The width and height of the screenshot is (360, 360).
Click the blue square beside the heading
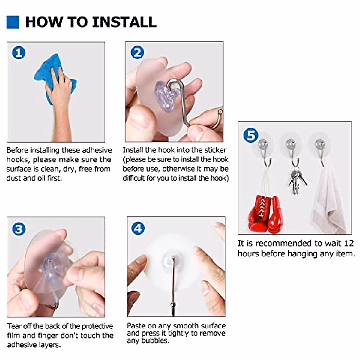pyautogui.click(x=13, y=22)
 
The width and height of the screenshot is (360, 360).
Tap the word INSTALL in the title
pyautogui.click(x=124, y=22)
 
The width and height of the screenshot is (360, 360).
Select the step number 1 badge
pyautogui.click(x=19, y=53)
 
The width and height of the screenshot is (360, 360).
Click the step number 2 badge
pyautogui.click(x=137, y=53)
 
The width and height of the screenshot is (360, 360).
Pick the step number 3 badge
pyautogui.click(x=19, y=229)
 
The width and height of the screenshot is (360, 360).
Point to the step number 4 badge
pyautogui.click(x=138, y=228)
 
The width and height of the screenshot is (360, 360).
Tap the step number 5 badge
pyautogui.click(x=251, y=135)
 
